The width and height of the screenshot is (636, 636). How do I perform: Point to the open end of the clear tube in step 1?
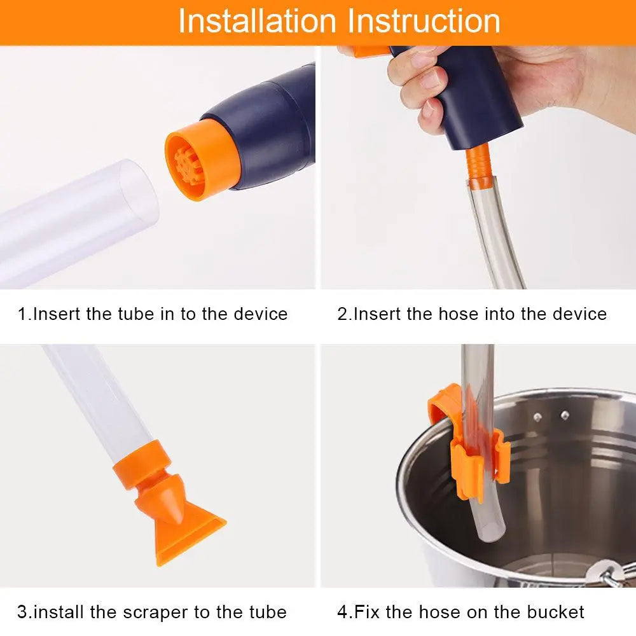click(137, 191)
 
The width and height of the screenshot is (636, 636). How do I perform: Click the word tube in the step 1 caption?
click(137, 314)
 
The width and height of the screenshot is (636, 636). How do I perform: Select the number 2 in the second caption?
click(342, 314)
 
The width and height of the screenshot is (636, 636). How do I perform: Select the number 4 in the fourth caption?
click(342, 612)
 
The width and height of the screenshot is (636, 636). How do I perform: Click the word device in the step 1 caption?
click(258, 314)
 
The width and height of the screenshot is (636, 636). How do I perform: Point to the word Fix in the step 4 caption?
click(367, 612)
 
